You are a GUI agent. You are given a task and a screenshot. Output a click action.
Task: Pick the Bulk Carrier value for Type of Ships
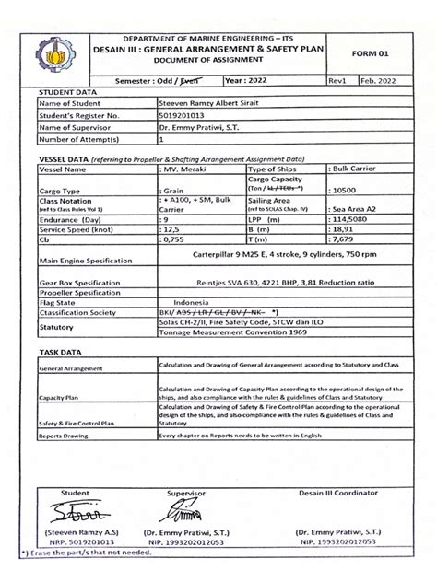pos(332,170)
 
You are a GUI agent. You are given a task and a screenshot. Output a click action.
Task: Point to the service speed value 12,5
pos(172,230)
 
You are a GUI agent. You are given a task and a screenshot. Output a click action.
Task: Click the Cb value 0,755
pos(173,240)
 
